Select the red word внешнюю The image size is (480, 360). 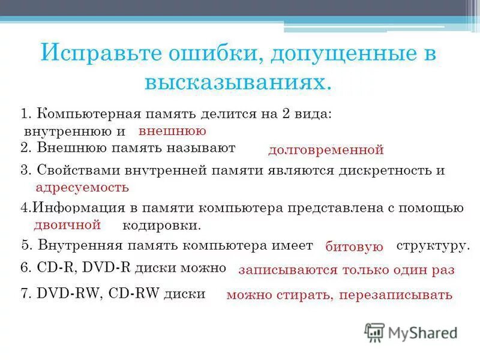point(172,131)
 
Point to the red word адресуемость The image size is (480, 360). point(82,187)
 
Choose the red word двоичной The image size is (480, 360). point(67,225)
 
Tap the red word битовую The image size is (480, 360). point(354,247)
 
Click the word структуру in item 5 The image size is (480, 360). point(433,246)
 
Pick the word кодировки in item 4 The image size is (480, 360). point(161,226)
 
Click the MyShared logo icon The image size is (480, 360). point(374,332)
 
